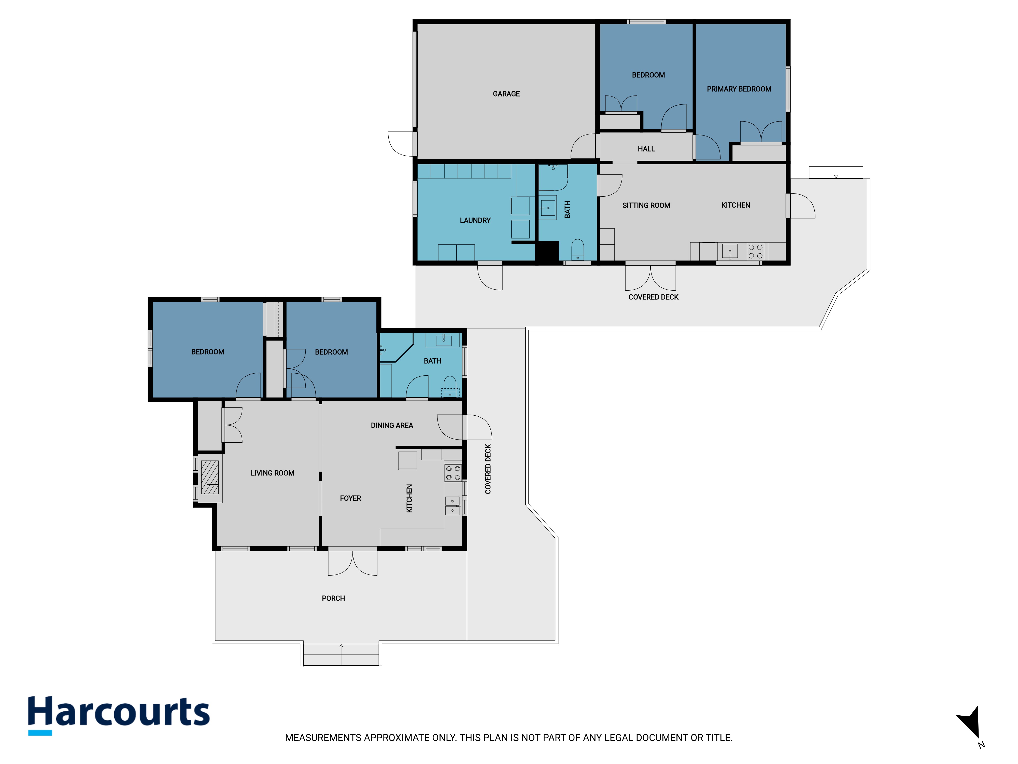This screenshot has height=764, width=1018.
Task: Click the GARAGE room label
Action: coord(506,94)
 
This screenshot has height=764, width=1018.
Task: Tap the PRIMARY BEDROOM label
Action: coord(739,89)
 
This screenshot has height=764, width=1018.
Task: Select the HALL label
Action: coord(646,149)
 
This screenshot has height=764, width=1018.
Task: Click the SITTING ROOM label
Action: coord(646,206)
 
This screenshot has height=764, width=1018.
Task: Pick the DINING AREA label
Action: coord(392,426)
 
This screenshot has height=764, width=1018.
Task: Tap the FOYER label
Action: coord(350,498)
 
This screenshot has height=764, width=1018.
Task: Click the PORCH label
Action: coord(333,598)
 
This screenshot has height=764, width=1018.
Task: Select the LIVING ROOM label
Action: coord(272,473)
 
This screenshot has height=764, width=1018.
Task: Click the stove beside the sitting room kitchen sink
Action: coord(755,251)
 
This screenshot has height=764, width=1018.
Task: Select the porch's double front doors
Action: coord(352,563)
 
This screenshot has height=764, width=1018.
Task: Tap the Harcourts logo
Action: coord(119,715)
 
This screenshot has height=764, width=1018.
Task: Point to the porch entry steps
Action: coord(341,654)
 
